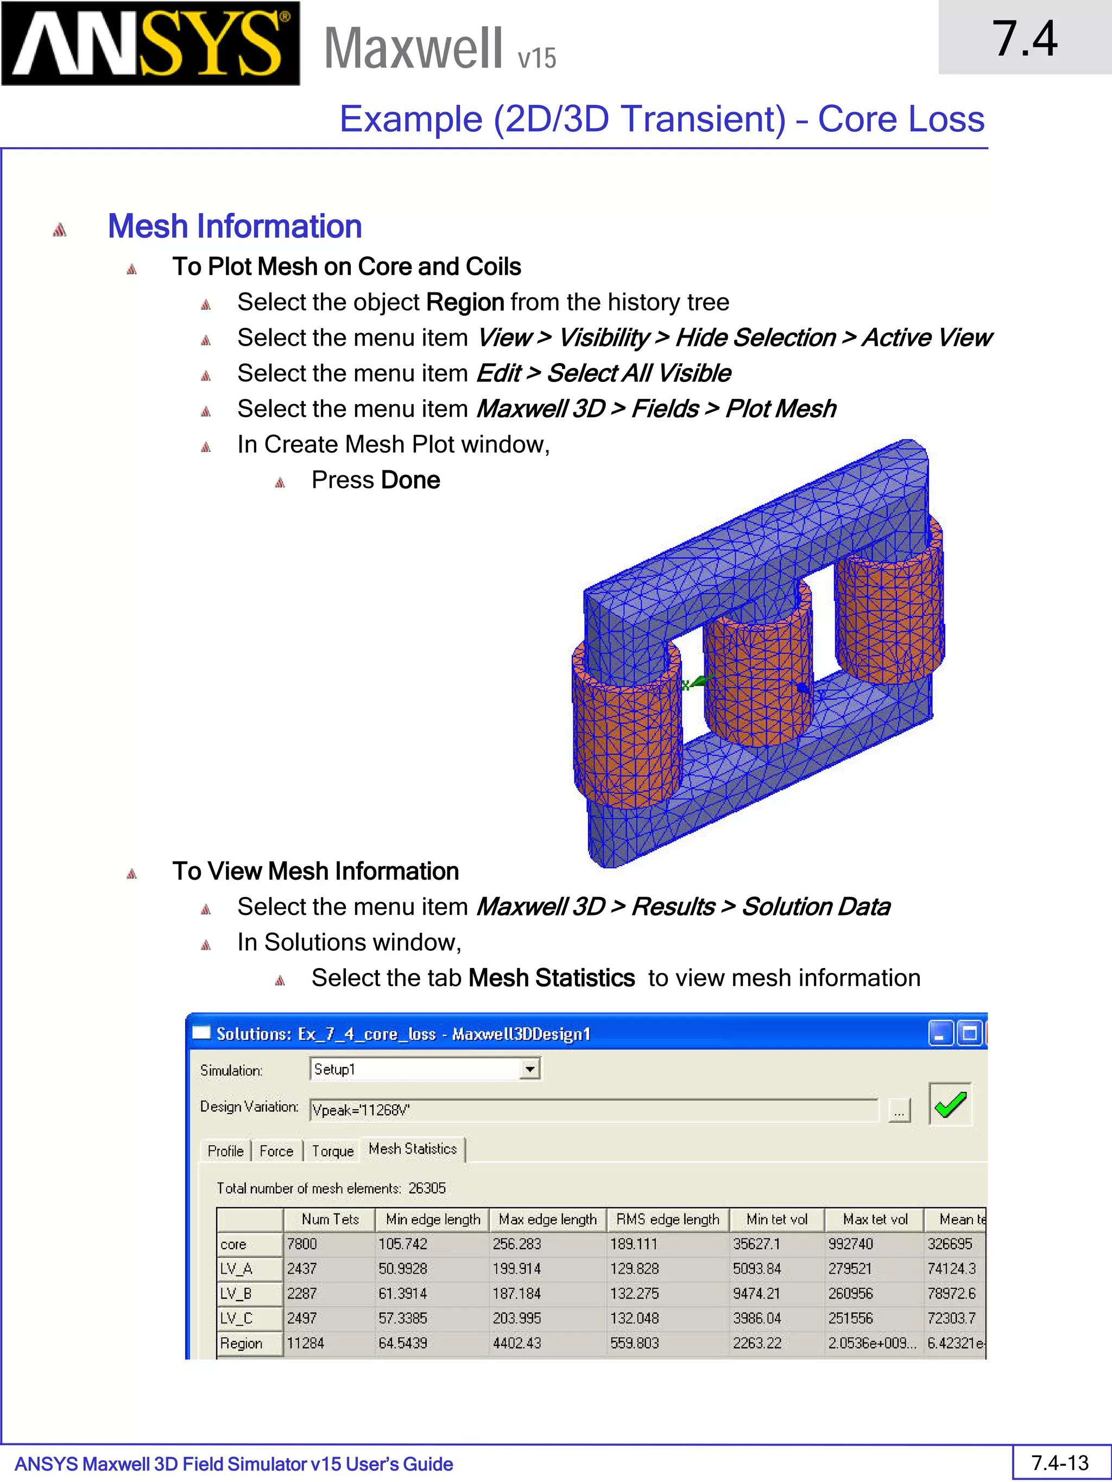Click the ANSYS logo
[150, 43]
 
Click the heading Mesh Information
[235, 226]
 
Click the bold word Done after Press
[410, 480]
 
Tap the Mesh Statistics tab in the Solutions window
[412, 1149]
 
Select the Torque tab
[332, 1151]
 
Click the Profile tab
[225, 1151]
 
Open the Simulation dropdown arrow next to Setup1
[529, 1068]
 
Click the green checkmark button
[950, 1104]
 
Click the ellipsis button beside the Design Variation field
[899, 1111]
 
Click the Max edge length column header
[547, 1219]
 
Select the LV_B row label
[237, 1294]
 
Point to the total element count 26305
[427, 1188]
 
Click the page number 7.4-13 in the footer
[1060, 1462]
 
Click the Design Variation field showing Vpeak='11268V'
[593, 1110]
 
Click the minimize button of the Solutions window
[940, 1034]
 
